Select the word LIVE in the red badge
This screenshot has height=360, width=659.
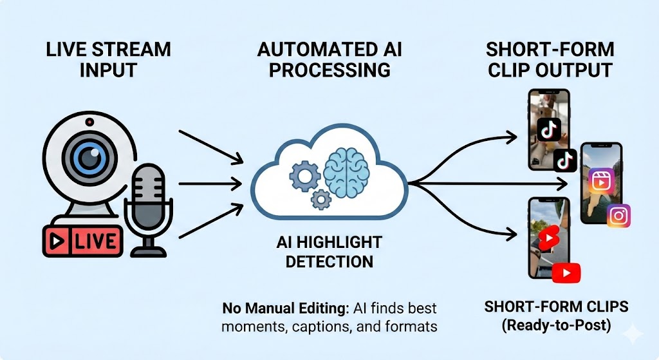(95, 242)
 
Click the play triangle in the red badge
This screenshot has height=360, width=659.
(57, 242)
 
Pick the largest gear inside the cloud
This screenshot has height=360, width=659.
(302, 174)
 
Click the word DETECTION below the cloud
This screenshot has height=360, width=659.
(329, 261)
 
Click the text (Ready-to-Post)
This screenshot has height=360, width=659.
(556, 326)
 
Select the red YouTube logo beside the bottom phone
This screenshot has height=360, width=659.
(566, 273)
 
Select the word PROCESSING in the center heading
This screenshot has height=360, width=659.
(329, 70)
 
